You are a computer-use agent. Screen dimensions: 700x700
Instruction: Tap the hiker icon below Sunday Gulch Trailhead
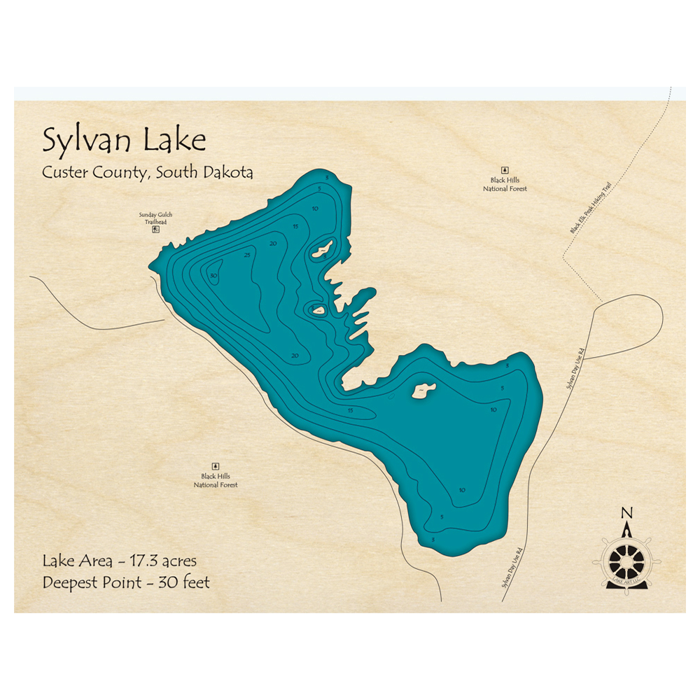156,229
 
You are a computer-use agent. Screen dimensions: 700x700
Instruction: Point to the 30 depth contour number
213,276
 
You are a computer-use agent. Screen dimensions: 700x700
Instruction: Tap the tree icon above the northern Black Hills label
504,170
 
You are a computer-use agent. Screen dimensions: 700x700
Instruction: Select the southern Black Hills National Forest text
216,480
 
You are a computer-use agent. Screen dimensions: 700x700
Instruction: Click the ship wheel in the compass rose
626,560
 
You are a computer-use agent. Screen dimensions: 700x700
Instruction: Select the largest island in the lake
423,390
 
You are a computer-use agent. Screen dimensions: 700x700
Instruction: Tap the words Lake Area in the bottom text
73,561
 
